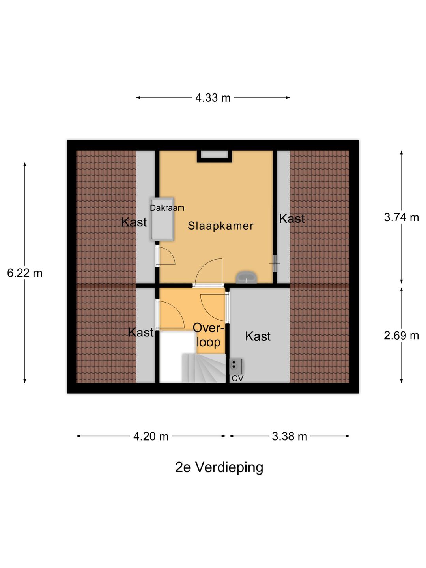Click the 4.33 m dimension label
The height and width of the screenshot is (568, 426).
click(x=213, y=97)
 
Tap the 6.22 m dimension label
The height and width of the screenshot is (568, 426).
click(x=24, y=273)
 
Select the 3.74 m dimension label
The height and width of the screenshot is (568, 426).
click(x=401, y=217)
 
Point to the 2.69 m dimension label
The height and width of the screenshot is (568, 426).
click(x=401, y=335)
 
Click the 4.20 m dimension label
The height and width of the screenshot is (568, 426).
click(x=151, y=436)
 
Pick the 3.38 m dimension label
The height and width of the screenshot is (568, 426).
click(x=289, y=436)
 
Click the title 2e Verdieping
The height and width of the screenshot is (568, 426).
click(x=219, y=467)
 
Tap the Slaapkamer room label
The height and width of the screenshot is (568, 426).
click(x=220, y=226)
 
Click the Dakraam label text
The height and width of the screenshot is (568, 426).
click(x=167, y=208)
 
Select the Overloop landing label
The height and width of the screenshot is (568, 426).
click(x=208, y=335)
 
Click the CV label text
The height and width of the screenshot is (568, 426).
click(x=237, y=378)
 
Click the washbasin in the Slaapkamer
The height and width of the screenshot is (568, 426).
click(x=247, y=278)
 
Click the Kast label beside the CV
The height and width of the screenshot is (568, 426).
click(x=258, y=336)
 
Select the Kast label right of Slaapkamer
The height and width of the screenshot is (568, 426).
click(x=291, y=219)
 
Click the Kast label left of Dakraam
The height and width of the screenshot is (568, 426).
click(x=134, y=222)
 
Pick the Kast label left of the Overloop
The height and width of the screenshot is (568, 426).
click(x=140, y=332)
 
